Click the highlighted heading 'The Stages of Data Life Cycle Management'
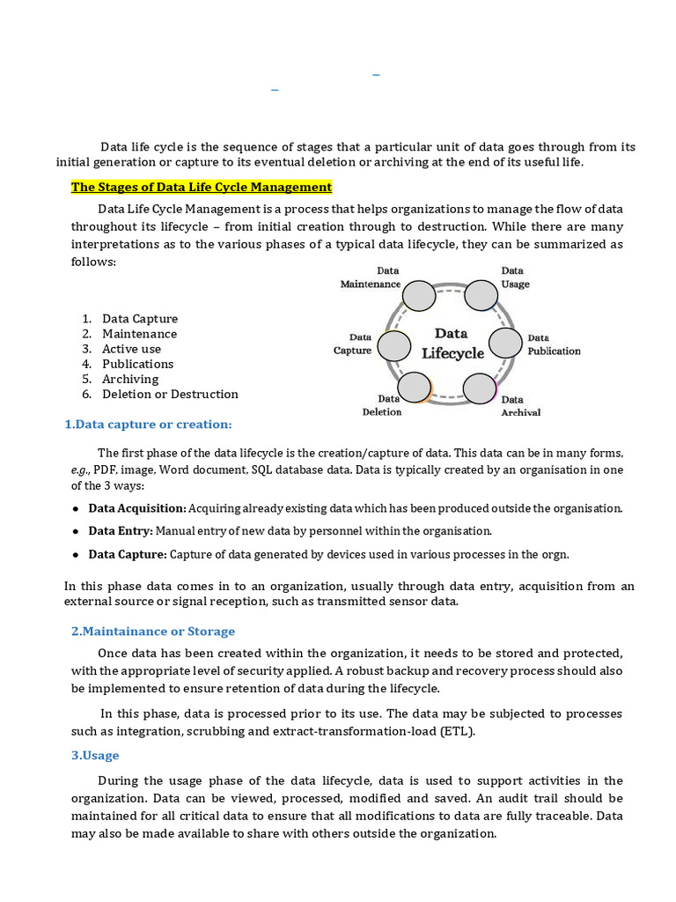coord(201,187)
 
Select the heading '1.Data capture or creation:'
coord(148,425)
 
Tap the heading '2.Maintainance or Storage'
coord(152,631)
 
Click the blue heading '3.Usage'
coord(95,755)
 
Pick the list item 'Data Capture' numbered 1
coord(139,319)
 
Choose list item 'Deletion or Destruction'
coord(170,394)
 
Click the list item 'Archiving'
coord(130,379)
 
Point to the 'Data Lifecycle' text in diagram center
coord(452,344)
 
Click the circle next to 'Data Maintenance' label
coord(420,296)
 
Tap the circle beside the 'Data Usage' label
coord(481,296)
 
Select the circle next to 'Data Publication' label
coord(506,344)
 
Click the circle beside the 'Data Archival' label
coord(480,388)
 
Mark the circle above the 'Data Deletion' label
coord(415,387)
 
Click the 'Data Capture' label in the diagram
coord(352,344)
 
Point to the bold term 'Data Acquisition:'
coord(136,508)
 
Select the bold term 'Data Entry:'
coord(121,531)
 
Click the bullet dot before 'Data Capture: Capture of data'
coord(77,554)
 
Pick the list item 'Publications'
coord(137,364)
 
